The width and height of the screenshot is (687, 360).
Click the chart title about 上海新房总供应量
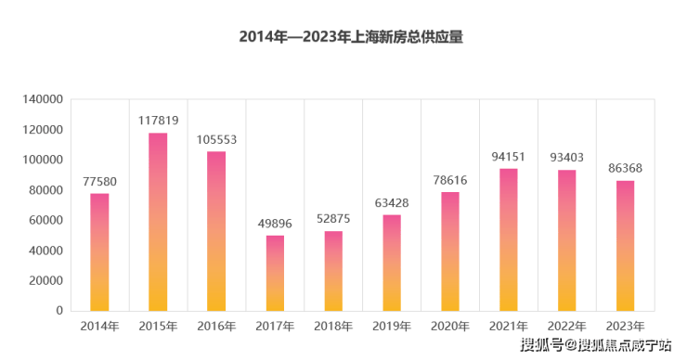pyautogui.click(x=351, y=37)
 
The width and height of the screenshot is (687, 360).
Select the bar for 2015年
pyautogui.click(x=158, y=222)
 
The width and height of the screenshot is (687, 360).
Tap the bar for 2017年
pyautogui.click(x=275, y=274)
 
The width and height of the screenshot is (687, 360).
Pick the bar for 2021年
pyautogui.click(x=509, y=240)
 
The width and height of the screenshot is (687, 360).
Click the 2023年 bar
pyautogui.click(x=625, y=246)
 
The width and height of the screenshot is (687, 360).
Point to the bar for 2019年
pyautogui.click(x=392, y=263)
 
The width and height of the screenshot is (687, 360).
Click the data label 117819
pyautogui.click(x=158, y=121)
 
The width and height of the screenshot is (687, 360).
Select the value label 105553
pyautogui.click(x=216, y=140)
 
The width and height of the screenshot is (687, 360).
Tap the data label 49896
pyautogui.click(x=275, y=224)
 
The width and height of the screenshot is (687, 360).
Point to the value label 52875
pyautogui.click(x=333, y=219)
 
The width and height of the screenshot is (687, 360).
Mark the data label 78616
pyautogui.click(x=450, y=180)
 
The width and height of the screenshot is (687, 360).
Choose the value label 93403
pyautogui.click(x=567, y=157)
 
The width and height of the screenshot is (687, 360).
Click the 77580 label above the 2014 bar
pyautogui.click(x=100, y=181)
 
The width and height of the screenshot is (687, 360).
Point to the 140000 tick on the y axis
pyautogui.click(x=43, y=99)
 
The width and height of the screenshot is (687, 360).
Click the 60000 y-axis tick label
pyautogui.click(x=46, y=220)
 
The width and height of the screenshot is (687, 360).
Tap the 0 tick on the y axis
pyautogui.click(x=59, y=311)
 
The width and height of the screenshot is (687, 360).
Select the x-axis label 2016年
pyautogui.click(x=216, y=327)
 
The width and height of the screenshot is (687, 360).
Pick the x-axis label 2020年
pyautogui.click(x=450, y=327)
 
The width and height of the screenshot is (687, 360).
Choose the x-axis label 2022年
pyautogui.click(x=567, y=327)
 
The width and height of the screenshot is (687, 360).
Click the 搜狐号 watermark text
pyautogui.click(x=541, y=345)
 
